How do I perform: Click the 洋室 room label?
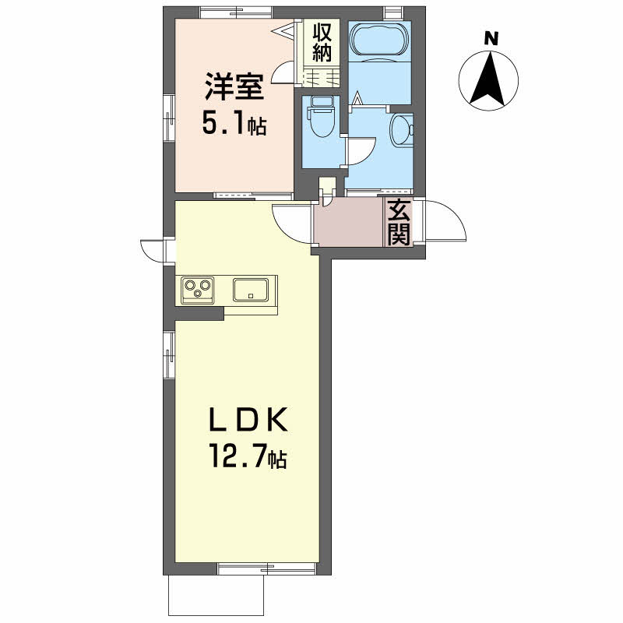(x=234, y=87)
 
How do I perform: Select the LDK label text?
(x=248, y=423)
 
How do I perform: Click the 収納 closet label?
(x=322, y=43)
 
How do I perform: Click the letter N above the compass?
(x=491, y=37)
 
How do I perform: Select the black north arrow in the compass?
(x=491, y=78)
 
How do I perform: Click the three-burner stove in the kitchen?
(x=198, y=290)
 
